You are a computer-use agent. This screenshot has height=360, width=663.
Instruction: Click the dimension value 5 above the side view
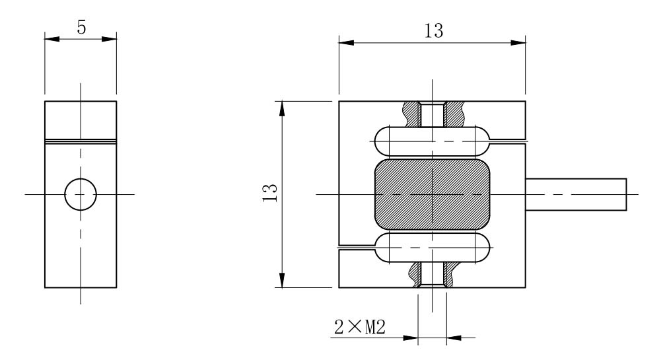81,28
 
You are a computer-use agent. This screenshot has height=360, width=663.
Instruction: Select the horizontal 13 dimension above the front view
434,31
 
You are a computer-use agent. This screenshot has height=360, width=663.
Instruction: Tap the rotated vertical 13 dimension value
270,193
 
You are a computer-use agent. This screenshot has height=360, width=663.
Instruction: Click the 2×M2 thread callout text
360,327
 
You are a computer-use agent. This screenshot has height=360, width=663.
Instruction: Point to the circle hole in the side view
81,195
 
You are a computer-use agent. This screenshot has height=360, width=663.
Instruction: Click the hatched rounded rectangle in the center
432,195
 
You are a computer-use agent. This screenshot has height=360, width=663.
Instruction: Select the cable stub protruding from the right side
576,195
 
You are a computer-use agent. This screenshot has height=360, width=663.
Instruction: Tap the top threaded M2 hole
432,114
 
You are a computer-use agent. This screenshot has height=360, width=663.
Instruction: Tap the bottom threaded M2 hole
432,275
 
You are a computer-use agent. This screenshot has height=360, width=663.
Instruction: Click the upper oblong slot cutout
432,141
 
